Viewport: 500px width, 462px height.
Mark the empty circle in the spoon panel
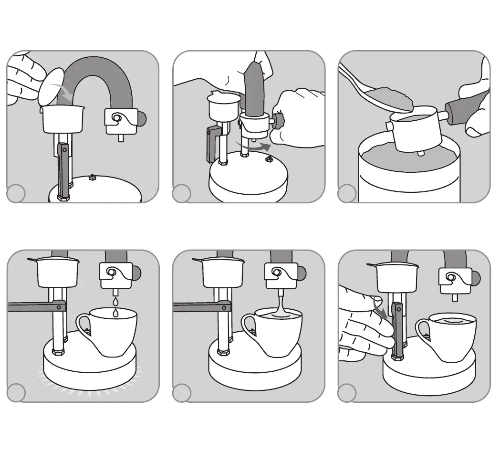pyautogui.click(x=346, y=194)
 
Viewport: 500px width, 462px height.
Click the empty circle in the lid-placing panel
pyautogui.click(x=16, y=194)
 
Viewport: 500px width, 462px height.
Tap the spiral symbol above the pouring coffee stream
pyautogui.click(x=277, y=273)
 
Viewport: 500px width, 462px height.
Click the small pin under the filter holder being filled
pyautogui.click(x=420, y=154)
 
